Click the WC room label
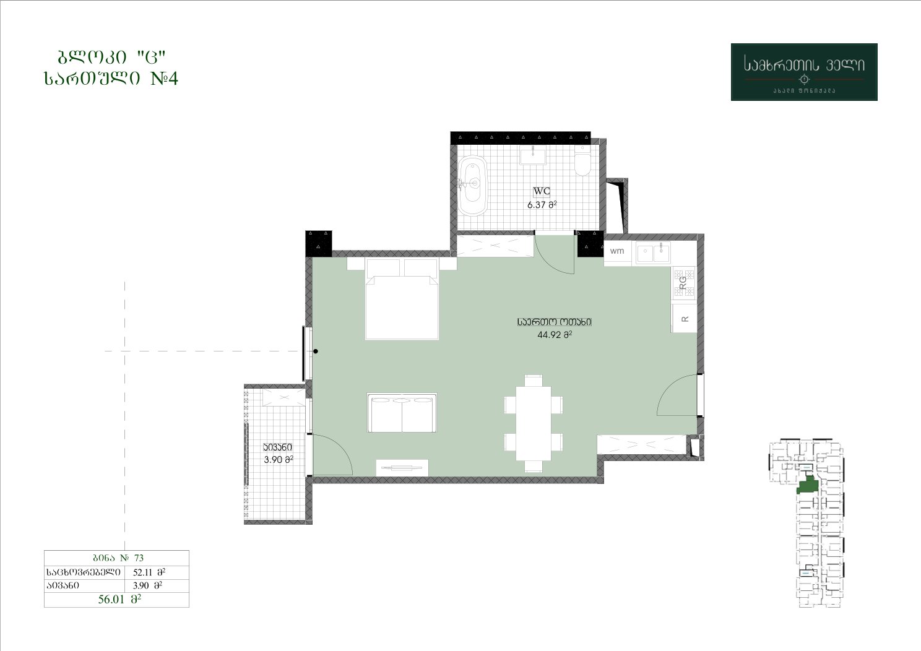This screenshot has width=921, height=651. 542,191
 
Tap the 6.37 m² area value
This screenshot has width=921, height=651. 542,204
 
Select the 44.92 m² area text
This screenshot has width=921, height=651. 555,335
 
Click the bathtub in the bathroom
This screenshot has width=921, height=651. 473,186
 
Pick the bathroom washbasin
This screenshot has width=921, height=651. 533,157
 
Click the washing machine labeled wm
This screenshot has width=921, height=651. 617,251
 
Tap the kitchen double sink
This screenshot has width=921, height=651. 654,252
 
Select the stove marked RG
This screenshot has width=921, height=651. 683,283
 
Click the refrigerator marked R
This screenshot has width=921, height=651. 684,319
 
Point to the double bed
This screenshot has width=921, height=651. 402,299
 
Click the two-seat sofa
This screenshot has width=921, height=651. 402,413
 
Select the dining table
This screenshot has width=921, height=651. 534,423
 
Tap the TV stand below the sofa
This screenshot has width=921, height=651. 402,468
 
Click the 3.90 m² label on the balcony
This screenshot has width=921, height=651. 279,460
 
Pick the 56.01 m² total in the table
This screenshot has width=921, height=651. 119,599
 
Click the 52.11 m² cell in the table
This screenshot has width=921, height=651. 149,572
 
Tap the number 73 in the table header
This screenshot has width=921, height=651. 139,558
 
